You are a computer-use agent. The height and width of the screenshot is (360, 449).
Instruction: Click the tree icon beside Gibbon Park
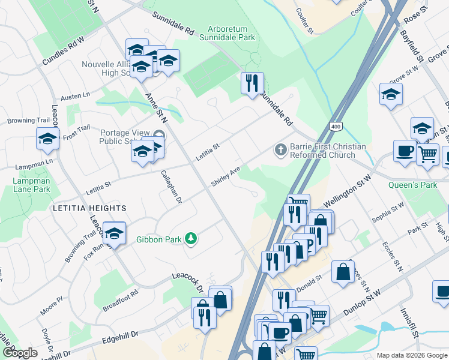[191, 239]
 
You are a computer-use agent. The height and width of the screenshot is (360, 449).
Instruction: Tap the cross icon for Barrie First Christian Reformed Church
[280, 149]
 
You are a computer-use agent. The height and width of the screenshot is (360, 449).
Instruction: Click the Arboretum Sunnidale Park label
[231, 33]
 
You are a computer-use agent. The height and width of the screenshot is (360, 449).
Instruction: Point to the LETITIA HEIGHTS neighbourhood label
[94, 208]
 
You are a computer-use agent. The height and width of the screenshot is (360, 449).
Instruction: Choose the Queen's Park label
[412, 185]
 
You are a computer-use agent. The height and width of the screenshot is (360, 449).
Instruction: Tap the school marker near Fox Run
[113, 233]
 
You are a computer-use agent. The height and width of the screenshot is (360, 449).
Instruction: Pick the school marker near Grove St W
[391, 95]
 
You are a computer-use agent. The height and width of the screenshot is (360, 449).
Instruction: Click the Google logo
[19, 353]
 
